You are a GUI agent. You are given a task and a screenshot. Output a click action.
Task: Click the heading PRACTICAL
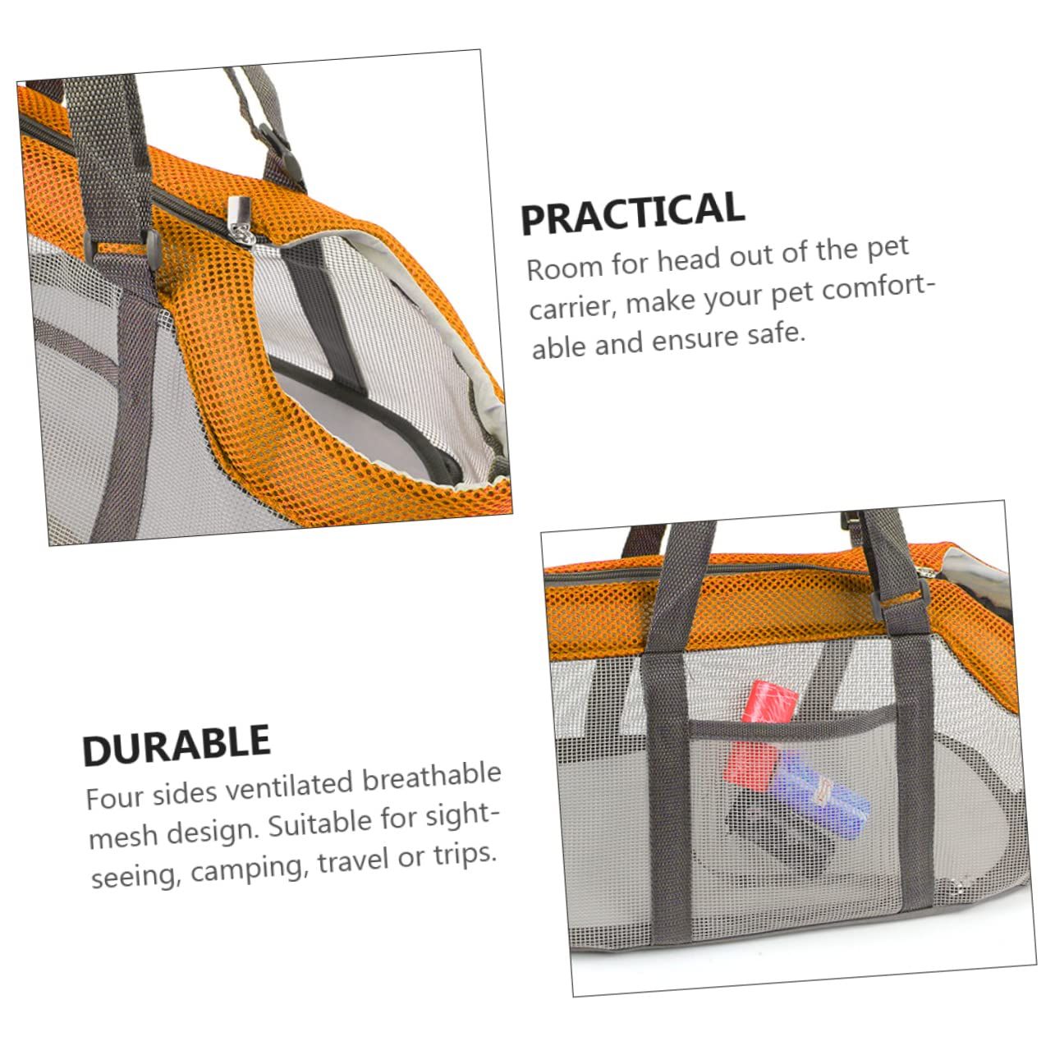(632, 213)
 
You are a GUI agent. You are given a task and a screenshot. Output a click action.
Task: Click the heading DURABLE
(177, 745)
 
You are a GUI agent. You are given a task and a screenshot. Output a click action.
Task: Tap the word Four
(114, 798)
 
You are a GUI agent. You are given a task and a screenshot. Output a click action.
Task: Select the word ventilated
(289, 787)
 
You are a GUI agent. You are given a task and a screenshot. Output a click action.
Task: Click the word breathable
(432, 777)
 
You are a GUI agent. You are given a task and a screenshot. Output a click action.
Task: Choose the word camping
(247, 869)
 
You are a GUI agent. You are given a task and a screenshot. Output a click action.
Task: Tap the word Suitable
(320, 826)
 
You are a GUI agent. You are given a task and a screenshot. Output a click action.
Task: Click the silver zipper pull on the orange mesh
(240, 218)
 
